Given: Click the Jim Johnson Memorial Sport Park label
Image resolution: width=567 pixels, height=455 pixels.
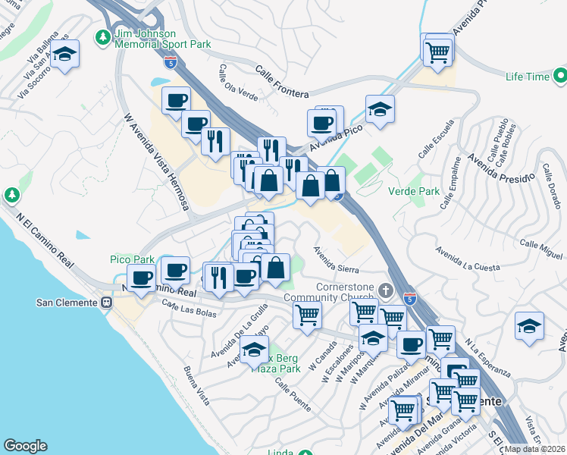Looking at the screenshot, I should pos(162,39).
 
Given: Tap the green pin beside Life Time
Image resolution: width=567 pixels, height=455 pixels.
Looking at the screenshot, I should pos(560,76).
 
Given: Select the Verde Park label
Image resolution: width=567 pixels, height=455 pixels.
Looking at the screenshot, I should pos(414,192).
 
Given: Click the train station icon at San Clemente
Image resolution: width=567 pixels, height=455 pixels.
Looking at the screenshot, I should pos(106,302).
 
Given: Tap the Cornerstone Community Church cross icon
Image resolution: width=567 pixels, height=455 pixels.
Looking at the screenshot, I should pos(386,290).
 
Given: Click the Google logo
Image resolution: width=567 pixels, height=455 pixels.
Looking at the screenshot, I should pos(25,446).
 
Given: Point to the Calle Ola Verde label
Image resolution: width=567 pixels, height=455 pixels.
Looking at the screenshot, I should pos(238,81).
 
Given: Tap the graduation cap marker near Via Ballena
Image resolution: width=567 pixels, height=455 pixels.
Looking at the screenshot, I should pos(65,55).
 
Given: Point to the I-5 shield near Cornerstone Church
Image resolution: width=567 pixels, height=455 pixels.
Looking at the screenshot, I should pos(409,297).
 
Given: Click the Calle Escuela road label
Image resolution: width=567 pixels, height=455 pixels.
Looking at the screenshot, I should pos(437,139).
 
